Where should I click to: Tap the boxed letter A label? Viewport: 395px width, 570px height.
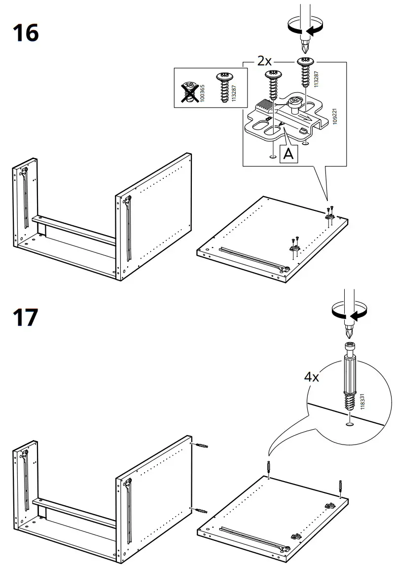[288, 154]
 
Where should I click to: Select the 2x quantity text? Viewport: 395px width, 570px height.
[264, 61]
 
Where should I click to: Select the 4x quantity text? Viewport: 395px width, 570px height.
[311, 377]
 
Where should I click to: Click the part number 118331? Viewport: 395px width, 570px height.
[363, 401]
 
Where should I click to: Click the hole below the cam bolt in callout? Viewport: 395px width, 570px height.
[350, 423]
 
